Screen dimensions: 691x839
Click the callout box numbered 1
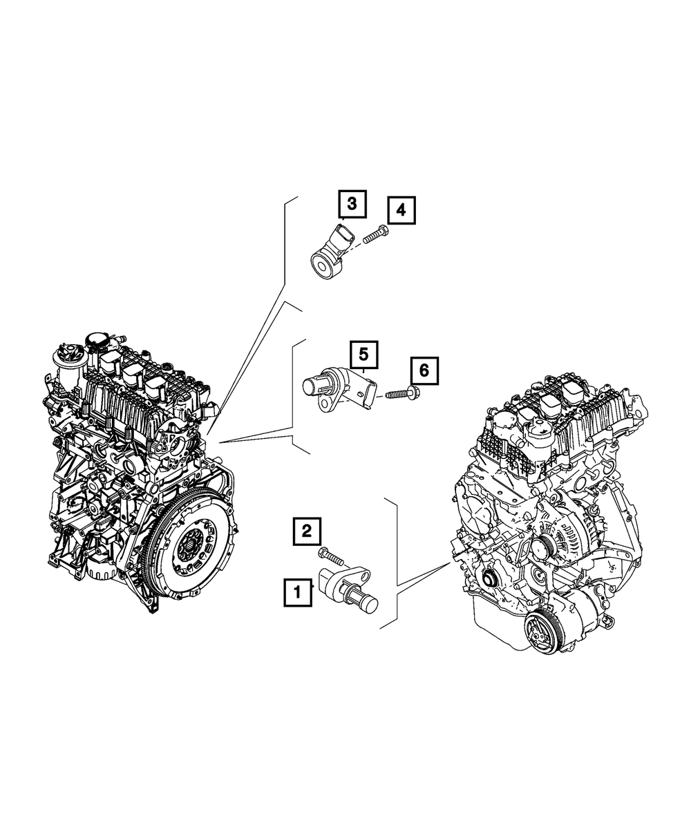[x=298, y=603]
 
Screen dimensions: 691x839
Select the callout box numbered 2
[x=307, y=531]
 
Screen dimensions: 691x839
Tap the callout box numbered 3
[x=352, y=204]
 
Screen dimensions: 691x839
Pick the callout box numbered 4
[x=401, y=210]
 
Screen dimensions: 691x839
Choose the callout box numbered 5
[x=363, y=355]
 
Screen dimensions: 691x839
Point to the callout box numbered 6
[x=424, y=370]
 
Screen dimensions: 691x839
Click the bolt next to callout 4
[x=376, y=235]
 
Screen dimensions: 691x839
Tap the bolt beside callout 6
[x=402, y=392]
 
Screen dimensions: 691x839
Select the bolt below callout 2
[x=330, y=556]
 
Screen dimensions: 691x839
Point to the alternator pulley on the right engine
[x=544, y=547]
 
